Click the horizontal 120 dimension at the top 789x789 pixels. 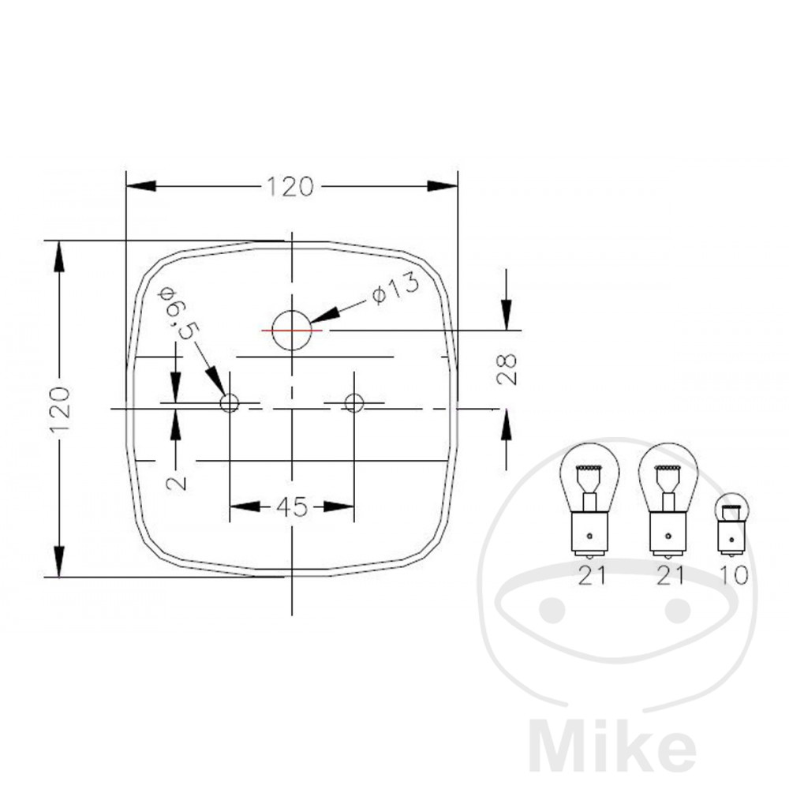(290, 187)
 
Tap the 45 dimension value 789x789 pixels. (292, 507)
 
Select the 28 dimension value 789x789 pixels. (507, 368)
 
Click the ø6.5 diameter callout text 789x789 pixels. (179, 314)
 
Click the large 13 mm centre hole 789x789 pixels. (292, 331)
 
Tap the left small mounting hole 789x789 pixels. (230, 402)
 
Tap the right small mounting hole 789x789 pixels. (353, 402)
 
